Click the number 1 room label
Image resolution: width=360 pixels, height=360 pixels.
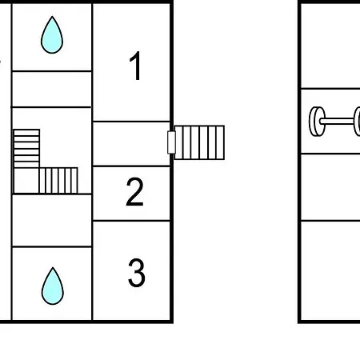(136, 66)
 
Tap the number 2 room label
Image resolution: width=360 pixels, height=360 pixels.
(134, 191)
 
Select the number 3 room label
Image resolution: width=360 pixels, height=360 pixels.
(137, 273)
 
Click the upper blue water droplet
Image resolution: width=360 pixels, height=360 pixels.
(52, 35)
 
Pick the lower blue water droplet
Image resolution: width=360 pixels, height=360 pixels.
(53, 286)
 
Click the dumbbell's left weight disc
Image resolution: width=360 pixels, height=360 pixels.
(317, 122)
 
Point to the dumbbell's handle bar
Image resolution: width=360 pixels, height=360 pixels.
(338, 122)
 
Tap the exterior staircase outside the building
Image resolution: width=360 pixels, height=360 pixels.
(199, 142)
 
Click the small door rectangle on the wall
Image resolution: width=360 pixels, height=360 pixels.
(171, 142)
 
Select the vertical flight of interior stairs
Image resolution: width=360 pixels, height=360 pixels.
(26, 149)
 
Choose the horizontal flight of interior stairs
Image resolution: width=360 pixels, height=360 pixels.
(58, 181)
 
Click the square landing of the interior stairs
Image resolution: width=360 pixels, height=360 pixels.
(26, 181)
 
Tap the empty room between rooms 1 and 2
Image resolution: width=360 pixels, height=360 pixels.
(131, 144)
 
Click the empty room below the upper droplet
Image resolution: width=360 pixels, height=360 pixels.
(52, 89)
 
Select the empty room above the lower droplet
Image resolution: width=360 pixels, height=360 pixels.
(52, 221)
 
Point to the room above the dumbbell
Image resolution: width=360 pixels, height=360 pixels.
(330, 46)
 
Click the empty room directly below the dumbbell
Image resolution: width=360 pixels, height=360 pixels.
(330, 187)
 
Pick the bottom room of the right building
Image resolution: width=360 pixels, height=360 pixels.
(330, 270)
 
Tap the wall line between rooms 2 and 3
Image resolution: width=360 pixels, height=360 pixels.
(131, 221)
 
